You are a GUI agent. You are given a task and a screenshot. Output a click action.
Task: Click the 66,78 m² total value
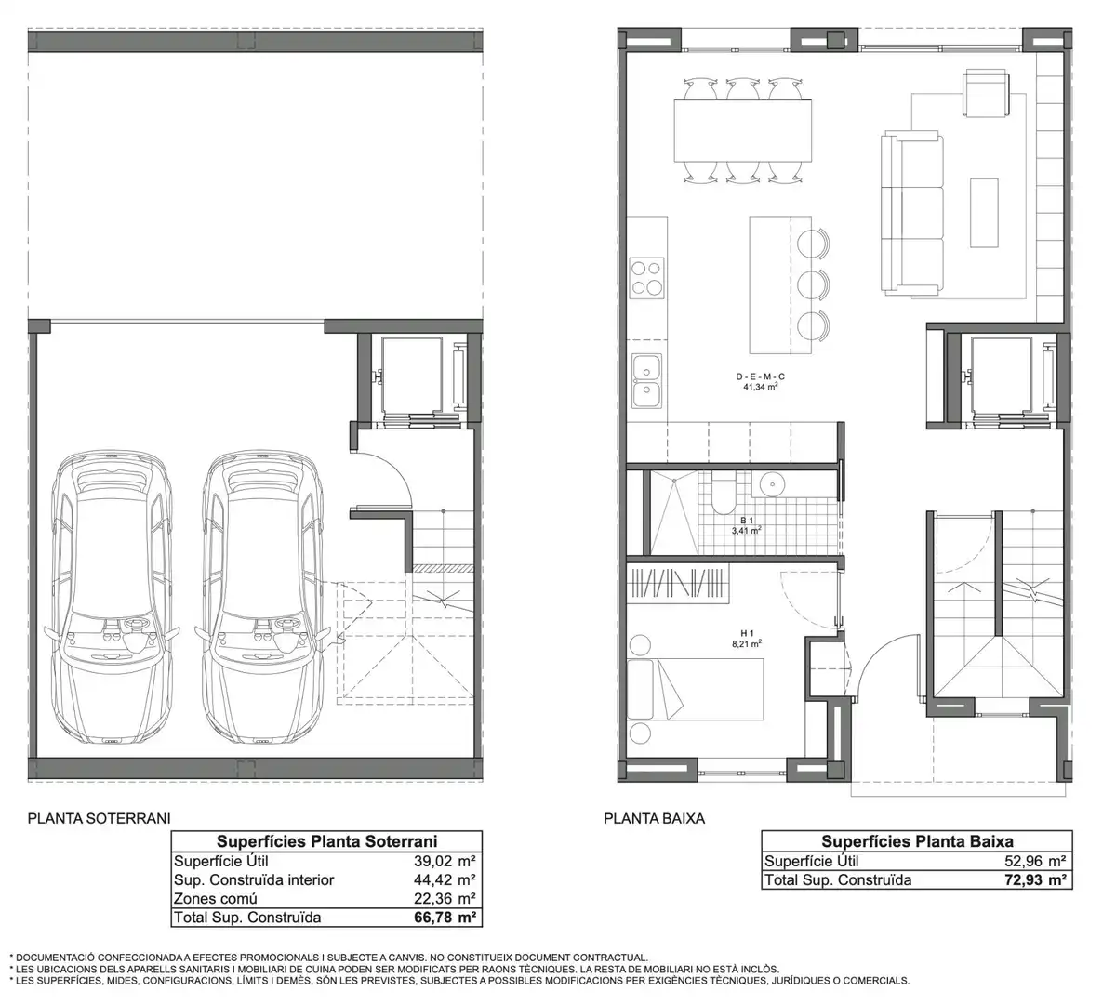point(445,918)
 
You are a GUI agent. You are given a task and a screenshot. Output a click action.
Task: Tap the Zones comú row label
point(216,899)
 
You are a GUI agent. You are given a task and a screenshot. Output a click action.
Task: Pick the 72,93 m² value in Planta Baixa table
point(1035,880)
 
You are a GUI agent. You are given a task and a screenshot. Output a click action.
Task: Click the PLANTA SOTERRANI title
point(99,818)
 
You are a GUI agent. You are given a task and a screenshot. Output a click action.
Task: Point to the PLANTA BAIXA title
point(654,818)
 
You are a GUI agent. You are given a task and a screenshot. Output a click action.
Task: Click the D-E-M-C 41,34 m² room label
point(760,381)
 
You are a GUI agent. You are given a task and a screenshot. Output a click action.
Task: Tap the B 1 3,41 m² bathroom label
point(747,525)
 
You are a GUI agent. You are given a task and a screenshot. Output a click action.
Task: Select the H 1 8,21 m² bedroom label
point(747,638)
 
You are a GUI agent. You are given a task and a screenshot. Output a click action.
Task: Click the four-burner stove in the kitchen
point(647,278)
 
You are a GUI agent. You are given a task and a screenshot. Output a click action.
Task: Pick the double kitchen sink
point(646,381)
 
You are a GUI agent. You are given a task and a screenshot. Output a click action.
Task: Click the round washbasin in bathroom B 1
point(774,484)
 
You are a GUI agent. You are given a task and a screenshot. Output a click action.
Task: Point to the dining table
point(743,131)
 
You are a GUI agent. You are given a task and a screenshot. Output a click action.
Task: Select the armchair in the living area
point(986,93)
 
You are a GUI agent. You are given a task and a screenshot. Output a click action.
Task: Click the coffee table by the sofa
point(984,213)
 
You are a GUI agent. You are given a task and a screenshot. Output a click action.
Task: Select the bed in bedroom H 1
point(696,690)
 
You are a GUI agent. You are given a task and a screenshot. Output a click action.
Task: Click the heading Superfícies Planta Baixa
point(917,841)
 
